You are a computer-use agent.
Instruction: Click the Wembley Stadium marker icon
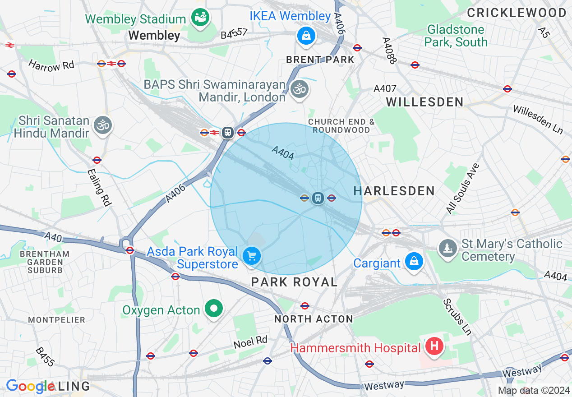tap(199, 18)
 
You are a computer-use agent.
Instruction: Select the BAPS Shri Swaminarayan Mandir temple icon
tap(299, 89)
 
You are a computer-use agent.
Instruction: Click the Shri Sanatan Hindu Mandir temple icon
tap(103, 125)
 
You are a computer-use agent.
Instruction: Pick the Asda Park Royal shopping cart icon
tap(252, 256)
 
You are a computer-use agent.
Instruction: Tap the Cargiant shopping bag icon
tap(414, 262)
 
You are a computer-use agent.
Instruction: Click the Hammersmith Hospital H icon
tap(434, 346)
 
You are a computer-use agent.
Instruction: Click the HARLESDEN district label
tap(394, 191)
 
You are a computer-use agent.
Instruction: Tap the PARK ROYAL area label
tap(294, 282)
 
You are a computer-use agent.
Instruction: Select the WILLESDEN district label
tap(424, 102)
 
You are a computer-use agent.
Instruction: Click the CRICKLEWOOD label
tap(517, 13)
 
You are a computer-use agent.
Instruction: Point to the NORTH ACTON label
tap(314, 319)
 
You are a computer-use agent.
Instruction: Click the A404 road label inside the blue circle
tap(283, 153)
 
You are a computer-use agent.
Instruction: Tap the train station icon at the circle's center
tap(318, 198)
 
